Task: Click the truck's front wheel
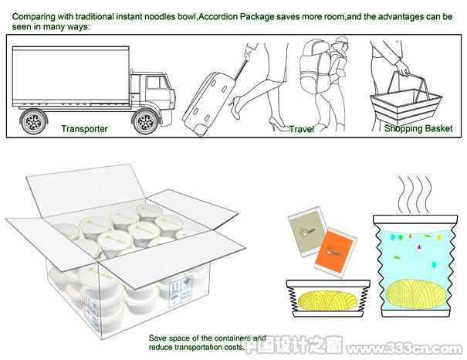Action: click(145, 121)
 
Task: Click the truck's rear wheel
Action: click(33, 121)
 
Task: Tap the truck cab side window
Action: click(157, 83)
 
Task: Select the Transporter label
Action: click(85, 129)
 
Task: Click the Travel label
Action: click(302, 129)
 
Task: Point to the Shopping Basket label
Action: click(418, 128)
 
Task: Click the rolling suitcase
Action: click(208, 102)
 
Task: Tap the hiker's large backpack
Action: click(314, 67)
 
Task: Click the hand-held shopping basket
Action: click(405, 101)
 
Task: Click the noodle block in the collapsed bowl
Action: click(327, 301)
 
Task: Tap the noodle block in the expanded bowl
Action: click(417, 294)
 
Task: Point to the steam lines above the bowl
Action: click(415, 195)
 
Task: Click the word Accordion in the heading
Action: click(218, 17)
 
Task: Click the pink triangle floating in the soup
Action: click(419, 246)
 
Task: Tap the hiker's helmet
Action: click(340, 41)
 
